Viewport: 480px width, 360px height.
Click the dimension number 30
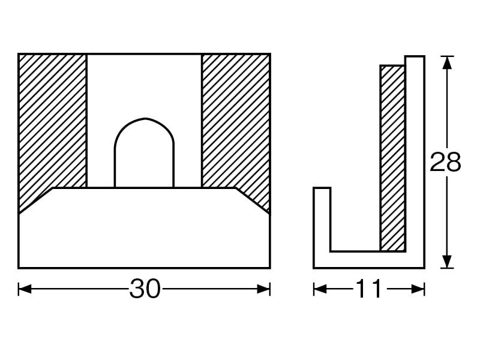[x=145, y=289]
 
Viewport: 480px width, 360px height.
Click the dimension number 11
[x=369, y=289]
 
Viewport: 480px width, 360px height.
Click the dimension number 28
[x=445, y=162]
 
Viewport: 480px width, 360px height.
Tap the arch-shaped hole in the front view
[x=144, y=153]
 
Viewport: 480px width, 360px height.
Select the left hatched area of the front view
[x=52, y=128]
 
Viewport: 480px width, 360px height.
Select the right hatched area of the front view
[x=236, y=128]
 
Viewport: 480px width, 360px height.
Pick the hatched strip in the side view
[x=392, y=158]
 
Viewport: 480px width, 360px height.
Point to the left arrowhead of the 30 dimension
[x=25, y=289]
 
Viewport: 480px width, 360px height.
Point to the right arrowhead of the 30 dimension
[x=263, y=289]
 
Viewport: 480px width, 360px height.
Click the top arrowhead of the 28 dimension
[x=447, y=63]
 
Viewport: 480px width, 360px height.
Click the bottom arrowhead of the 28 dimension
[x=447, y=262]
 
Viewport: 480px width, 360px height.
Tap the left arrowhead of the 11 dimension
[x=320, y=289]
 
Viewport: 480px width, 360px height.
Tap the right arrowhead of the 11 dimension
[x=418, y=289]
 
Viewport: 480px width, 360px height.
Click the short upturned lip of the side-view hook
[x=322, y=219]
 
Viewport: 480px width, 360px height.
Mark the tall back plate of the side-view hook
[x=415, y=154]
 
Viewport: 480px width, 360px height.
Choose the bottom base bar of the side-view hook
[x=369, y=260]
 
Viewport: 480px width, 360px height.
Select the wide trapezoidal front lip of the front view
[x=144, y=228]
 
